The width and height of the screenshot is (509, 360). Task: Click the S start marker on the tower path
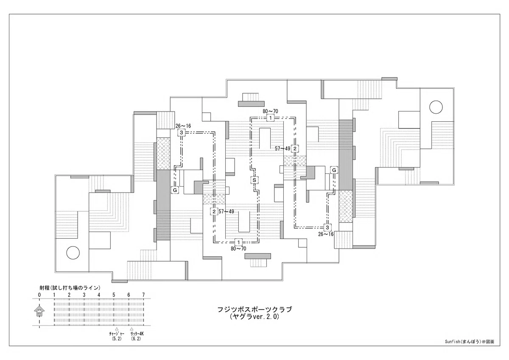pyautogui.click(x=254, y=180)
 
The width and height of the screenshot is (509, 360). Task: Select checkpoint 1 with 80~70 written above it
pyautogui.click(x=271, y=118)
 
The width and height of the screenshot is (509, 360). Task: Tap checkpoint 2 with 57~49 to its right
pyautogui.click(x=214, y=212)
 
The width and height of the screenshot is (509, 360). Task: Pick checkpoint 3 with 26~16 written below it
pyautogui.click(x=327, y=227)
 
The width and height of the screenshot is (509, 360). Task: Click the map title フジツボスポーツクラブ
pyautogui.click(x=255, y=310)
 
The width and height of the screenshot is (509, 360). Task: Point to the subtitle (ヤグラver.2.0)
pyautogui.click(x=255, y=317)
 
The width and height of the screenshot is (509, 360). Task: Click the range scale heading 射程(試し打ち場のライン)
pyautogui.click(x=70, y=288)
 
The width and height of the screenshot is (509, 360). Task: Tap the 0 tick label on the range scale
pyautogui.click(x=39, y=295)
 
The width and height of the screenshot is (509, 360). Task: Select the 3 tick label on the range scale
pyautogui.click(x=84, y=295)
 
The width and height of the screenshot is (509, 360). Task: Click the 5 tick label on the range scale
pyautogui.click(x=114, y=295)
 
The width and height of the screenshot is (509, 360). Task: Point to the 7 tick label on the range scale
pyautogui.click(x=143, y=295)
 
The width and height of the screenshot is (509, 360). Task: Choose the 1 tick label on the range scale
pyautogui.click(x=54, y=295)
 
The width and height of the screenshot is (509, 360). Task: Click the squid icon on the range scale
pyautogui.click(x=39, y=311)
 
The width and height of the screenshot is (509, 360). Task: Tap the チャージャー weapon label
pyautogui.click(x=117, y=334)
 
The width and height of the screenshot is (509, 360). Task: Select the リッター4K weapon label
pyautogui.click(x=137, y=334)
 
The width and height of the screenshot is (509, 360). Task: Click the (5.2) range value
pyautogui.click(x=117, y=339)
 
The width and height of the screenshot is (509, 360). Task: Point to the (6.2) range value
pyautogui.click(x=136, y=339)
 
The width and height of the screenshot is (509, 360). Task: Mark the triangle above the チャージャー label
pyautogui.click(x=117, y=329)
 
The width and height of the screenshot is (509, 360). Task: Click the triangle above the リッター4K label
pyautogui.click(x=131, y=329)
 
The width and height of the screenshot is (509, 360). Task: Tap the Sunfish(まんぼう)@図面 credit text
pyautogui.click(x=470, y=348)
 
